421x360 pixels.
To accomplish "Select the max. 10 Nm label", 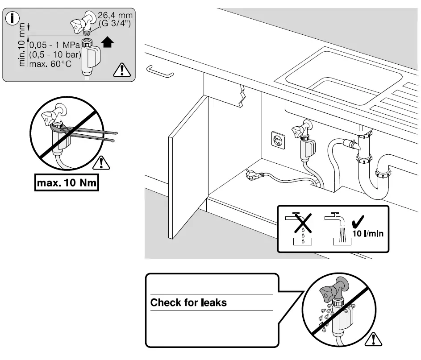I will (67, 183).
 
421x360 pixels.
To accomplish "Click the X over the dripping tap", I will (302, 222).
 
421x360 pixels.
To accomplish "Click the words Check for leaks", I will (188, 302).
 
